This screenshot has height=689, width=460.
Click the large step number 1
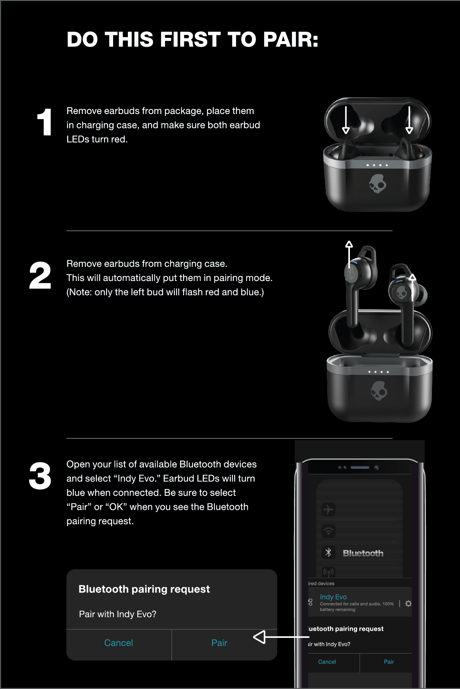coord(44,122)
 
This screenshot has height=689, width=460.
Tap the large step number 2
coord(40,275)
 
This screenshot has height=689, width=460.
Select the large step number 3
coord(40,476)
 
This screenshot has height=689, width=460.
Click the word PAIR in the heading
coord(291,39)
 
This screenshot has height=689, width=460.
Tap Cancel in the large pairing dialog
coord(118,643)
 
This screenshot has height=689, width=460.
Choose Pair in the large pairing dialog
coord(219,643)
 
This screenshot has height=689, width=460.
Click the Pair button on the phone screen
coord(389,662)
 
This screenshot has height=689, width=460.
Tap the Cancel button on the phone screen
coord(327,662)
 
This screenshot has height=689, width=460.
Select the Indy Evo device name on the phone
coord(333,597)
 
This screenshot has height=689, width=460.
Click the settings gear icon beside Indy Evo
coord(408,603)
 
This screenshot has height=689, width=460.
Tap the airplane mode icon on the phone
coord(328,509)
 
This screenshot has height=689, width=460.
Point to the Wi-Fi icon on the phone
coord(328,531)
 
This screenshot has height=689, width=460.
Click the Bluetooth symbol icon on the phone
coord(328,553)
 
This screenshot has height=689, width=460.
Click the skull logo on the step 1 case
coord(378,184)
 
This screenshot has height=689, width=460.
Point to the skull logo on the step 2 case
coord(379,391)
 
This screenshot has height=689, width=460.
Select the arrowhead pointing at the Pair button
coord(260,637)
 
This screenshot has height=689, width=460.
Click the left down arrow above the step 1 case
coord(346,120)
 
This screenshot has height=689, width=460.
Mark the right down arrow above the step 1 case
coord(409,120)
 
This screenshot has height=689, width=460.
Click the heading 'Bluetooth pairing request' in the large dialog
coord(144,589)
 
